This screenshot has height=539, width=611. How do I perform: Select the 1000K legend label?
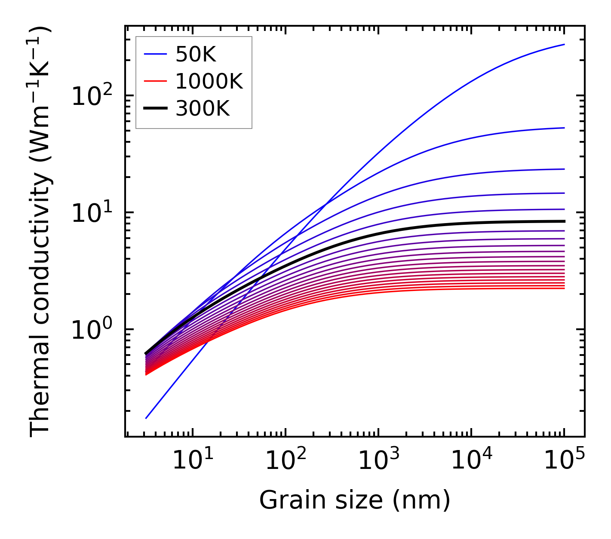[209, 81]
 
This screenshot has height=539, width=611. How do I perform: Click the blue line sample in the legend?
[155, 54]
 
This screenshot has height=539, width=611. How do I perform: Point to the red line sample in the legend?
[155, 81]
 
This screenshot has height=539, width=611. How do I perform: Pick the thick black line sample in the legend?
[155, 109]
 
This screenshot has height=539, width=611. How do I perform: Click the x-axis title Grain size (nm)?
[355, 500]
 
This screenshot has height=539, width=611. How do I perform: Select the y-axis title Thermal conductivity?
[41, 232]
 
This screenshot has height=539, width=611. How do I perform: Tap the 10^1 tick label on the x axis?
[192, 461]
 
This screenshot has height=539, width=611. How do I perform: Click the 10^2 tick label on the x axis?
[285, 461]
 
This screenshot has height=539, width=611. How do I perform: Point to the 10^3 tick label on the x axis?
[378, 461]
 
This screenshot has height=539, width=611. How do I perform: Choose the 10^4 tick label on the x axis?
[471, 461]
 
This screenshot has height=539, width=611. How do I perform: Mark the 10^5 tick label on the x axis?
[564, 461]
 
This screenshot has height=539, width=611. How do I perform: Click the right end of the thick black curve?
[564, 221]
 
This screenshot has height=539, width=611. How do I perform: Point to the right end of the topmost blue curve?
[564, 44]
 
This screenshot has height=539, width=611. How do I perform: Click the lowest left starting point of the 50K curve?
[146, 418]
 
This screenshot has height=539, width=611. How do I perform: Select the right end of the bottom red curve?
[564, 288]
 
